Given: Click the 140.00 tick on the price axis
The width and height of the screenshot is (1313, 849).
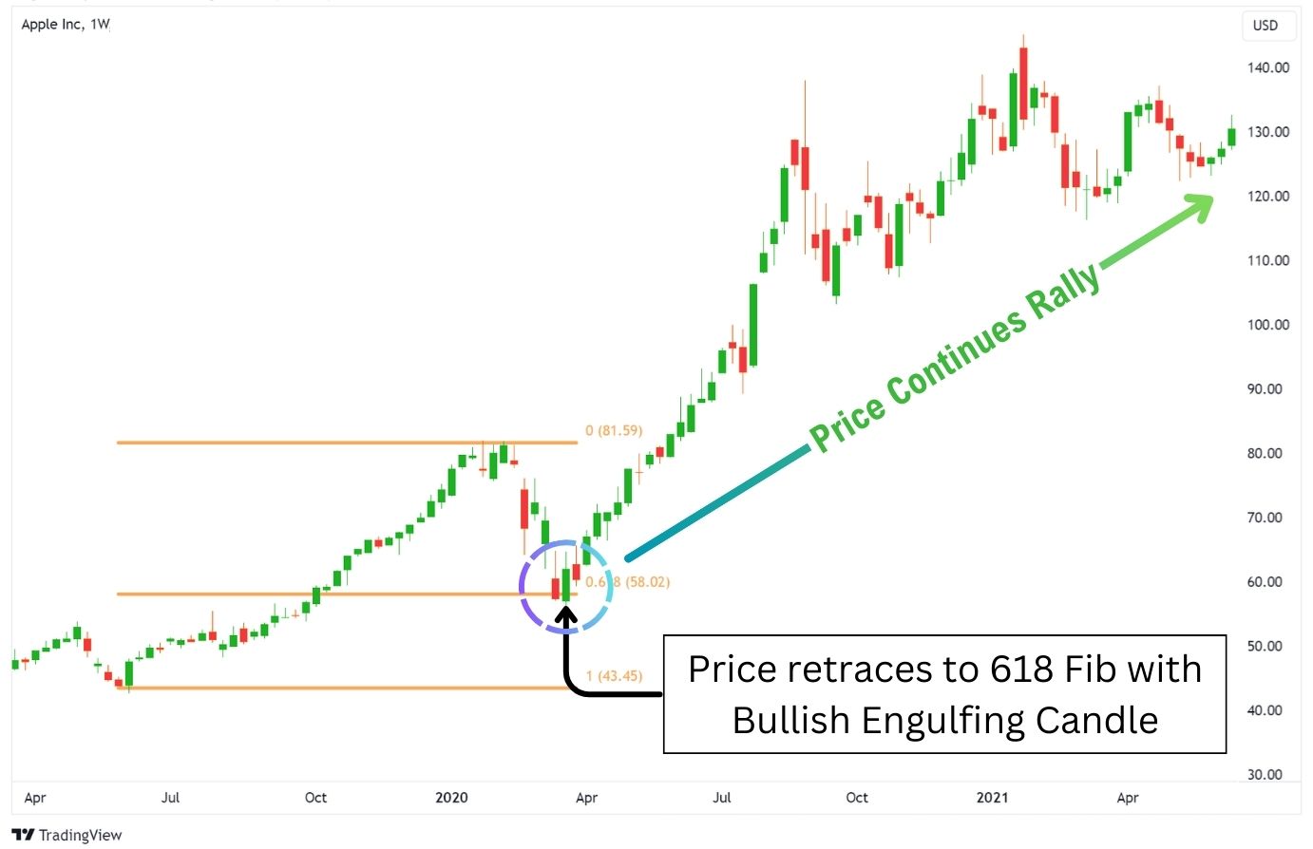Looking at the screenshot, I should coord(1268,67).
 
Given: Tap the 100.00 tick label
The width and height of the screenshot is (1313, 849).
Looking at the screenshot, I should coord(1268,325).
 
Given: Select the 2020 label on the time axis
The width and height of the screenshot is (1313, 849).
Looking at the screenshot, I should coord(451,798).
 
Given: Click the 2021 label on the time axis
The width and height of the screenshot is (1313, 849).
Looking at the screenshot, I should coord(992,798).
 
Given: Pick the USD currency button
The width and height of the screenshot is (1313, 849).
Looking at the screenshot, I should coord(1265,26).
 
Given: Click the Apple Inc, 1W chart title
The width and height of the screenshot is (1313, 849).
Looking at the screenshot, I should coord(66,24).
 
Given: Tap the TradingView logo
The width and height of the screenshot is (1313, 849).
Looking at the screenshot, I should coord(67,835).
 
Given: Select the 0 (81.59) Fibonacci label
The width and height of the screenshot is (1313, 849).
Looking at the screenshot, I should coord(614,430).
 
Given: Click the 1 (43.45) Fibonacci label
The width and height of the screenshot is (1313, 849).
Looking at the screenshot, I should coord(614,676).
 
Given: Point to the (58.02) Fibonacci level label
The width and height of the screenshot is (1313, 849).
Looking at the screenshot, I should coord(646,581).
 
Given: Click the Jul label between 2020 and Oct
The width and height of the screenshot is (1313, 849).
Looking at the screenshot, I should coord(722,798).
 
